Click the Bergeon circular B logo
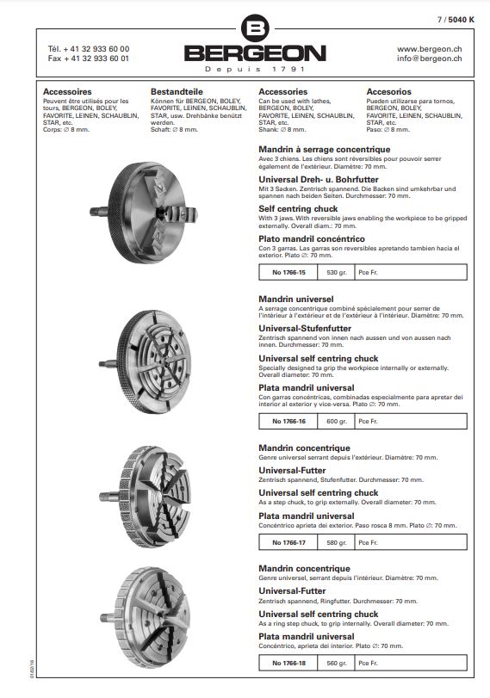(255, 28)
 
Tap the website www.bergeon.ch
(429, 49)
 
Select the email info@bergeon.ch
(429, 59)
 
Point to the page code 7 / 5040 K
(456, 20)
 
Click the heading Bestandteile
(177, 92)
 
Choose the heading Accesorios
(389, 92)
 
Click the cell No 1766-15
(288, 273)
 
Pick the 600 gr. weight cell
(337, 421)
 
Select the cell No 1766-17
(288, 542)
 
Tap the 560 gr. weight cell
(337, 663)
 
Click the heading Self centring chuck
(298, 209)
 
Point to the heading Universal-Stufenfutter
(305, 329)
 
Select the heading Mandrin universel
(295, 300)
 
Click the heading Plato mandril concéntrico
(312, 239)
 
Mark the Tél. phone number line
(89, 49)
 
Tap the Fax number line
(89, 59)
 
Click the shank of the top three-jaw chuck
(99, 212)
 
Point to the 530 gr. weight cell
(337, 273)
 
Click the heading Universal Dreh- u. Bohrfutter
(319, 180)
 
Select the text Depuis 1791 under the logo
(255, 69)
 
